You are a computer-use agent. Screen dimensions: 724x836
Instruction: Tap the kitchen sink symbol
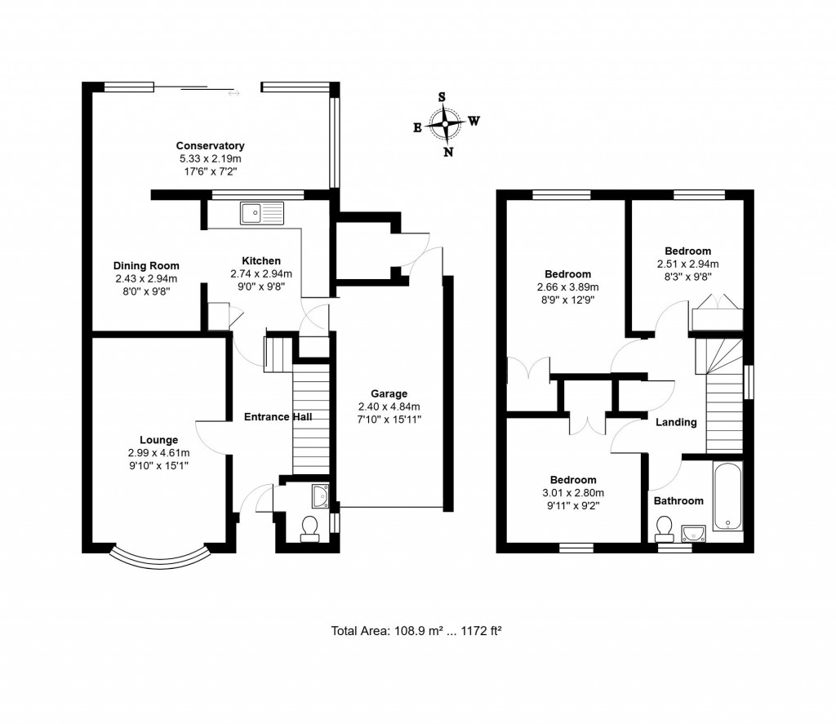tap(261, 214)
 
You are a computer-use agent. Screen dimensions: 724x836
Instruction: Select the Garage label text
tap(388, 393)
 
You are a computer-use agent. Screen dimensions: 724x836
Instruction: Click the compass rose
tap(446, 124)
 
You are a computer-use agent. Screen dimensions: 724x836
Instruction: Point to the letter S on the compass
tap(442, 96)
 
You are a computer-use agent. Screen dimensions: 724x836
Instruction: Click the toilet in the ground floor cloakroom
tap(310, 530)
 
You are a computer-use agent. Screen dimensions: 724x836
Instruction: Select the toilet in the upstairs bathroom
tap(662, 531)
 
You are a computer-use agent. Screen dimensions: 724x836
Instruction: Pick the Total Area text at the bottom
tap(420, 630)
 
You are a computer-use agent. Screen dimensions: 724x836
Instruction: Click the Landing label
tap(677, 422)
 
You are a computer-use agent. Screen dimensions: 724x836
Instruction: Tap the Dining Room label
tap(146, 265)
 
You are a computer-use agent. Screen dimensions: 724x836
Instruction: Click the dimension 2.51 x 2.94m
tap(687, 264)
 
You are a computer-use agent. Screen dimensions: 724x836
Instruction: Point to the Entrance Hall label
tap(278, 416)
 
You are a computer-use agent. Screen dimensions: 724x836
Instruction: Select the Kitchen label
tap(260, 261)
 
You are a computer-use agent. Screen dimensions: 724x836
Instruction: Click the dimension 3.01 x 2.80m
tap(572, 492)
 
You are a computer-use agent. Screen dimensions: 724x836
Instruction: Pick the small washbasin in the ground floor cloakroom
tap(321, 495)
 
